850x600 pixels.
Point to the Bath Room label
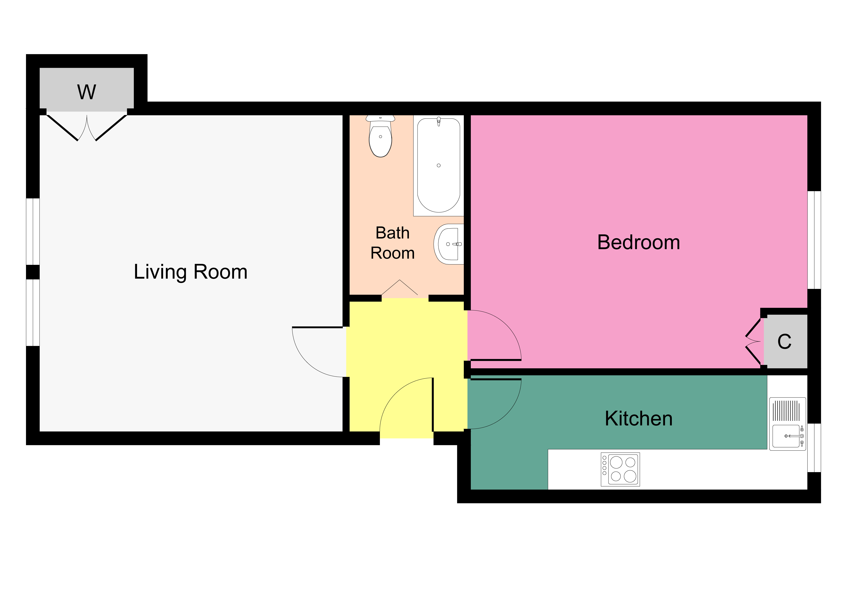(x=392, y=243)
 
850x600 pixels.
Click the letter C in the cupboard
(x=784, y=342)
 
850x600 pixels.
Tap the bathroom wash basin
(x=449, y=244)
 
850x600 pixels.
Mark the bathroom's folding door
(x=400, y=288)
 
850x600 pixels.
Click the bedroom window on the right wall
(x=814, y=240)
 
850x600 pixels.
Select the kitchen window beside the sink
(x=814, y=448)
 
